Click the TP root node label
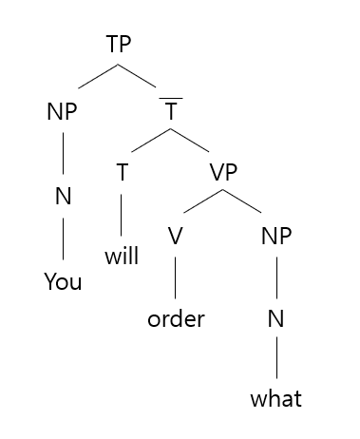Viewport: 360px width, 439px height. click(118, 45)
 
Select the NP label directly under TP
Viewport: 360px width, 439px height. click(62, 111)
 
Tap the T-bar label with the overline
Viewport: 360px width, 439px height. click(172, 111)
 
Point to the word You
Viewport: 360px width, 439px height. click(63, 282)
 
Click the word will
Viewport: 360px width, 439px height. click(122, 257)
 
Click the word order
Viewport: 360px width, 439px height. click(176, 318)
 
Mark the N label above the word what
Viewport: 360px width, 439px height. click(276, 318)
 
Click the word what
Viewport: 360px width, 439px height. click(276, 399)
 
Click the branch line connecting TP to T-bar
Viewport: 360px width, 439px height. click(144, 78)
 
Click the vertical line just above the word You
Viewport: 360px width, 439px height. click(63, 241)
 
